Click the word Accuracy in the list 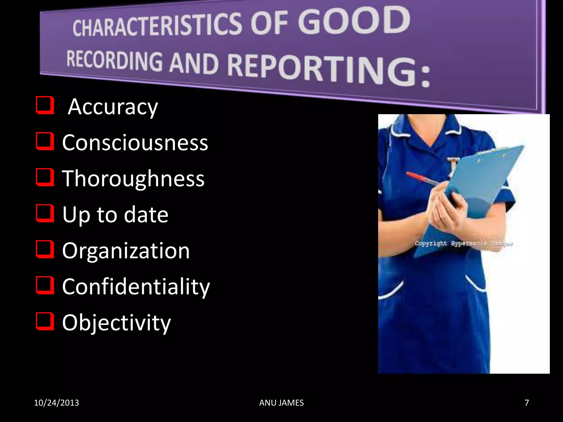point(113,107)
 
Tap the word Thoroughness point(133,179)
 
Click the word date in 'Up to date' point(146,215)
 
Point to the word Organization point(126,251)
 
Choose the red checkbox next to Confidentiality point(44,285)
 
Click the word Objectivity point(116,323)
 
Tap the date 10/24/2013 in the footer point(56,403)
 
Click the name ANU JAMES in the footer point(281,403)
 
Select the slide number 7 point(526,403)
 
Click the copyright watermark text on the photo point(463,243)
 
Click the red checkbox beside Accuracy point(44,105)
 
